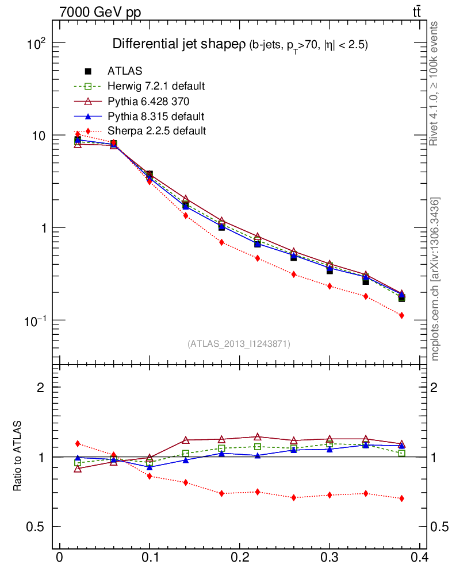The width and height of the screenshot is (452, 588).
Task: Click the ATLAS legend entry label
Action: pyautogui.click(x=124, y=71)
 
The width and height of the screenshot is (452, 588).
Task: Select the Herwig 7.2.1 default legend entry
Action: pyautogui.click(x=156, y=86)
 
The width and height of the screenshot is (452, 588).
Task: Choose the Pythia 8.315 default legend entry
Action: pyautogui.click(x=155, y=116)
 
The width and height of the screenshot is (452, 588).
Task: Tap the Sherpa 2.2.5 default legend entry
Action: pyautogui.click(x=156, y=131)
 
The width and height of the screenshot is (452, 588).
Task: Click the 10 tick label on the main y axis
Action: pyautogui.click(x=37, y=136)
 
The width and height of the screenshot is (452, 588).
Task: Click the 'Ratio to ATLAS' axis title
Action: pyautogui.click(x=18, y=457)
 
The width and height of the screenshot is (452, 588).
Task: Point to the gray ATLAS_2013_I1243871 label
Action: pyautogui.click(x=239, y=344)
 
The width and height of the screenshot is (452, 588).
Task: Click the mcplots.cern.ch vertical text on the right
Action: pyautogui.click(x=435, y=279)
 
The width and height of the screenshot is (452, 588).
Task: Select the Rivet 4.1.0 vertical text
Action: pyautogui.click(x=435, y=84)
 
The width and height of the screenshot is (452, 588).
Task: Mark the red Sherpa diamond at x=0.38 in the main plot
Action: pyautogui.click(x=401, y=315)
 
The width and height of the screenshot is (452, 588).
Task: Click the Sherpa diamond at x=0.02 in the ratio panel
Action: pyautogui.click(x=78, y=443)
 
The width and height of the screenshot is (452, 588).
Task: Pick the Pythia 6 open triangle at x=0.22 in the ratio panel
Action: pyautogui.click(x=258, y=437)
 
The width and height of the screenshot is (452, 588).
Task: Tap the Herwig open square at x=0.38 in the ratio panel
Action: pyautogui.click(x=401, y=453)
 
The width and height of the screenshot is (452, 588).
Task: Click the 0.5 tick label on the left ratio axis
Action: pyautogui.click(x=36, y=527)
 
